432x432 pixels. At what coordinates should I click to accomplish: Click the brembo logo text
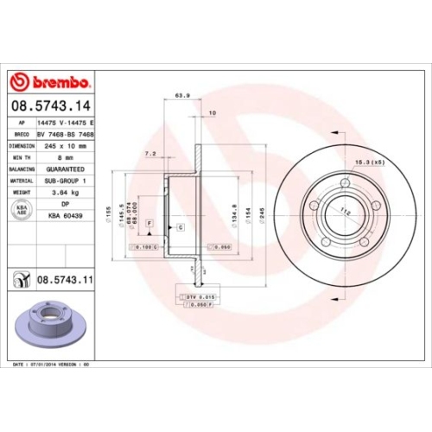tap(59, 82)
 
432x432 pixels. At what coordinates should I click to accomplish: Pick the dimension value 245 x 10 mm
tap(66, 146)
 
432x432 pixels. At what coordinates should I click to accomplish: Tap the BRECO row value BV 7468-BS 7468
tap(66, 136)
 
